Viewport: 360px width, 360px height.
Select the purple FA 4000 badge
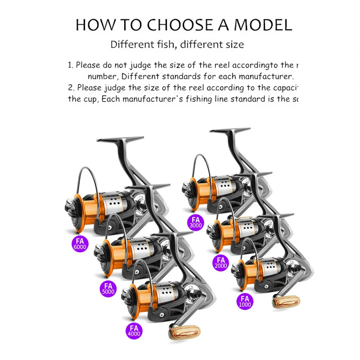134,330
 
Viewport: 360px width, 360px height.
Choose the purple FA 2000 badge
221,263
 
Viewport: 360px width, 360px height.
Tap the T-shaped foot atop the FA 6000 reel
121,140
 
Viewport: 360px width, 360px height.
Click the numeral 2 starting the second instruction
71,87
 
